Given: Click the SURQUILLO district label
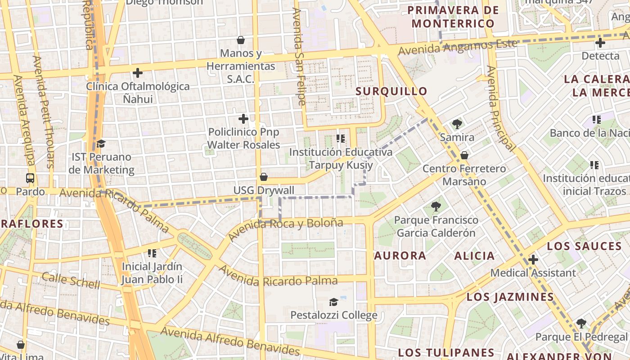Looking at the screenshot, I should pos(391,91).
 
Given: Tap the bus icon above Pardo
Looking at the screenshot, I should pos(30,178).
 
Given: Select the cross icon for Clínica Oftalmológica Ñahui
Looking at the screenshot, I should pos(138,72).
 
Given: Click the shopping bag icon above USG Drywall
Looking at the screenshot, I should pos(264,177).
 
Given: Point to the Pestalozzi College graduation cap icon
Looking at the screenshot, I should pos(333,301).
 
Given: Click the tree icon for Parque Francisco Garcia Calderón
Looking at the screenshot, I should pos(436,207).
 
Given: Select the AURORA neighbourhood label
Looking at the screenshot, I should pos(400,256).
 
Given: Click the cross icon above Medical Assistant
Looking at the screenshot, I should pos(533,260).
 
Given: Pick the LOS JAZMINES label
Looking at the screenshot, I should pos(510,297).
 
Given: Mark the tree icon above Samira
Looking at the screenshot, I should pos(457,124).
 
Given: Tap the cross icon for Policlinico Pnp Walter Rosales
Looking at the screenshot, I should pos(243,119).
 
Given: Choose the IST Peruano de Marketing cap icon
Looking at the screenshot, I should pos(101,144).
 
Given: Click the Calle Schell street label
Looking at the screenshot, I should pos(71,280).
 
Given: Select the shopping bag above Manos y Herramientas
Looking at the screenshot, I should pos(241,40).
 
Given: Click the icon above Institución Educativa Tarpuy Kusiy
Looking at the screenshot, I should pos(341,138).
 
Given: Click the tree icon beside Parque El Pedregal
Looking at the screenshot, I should pos(581,323).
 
